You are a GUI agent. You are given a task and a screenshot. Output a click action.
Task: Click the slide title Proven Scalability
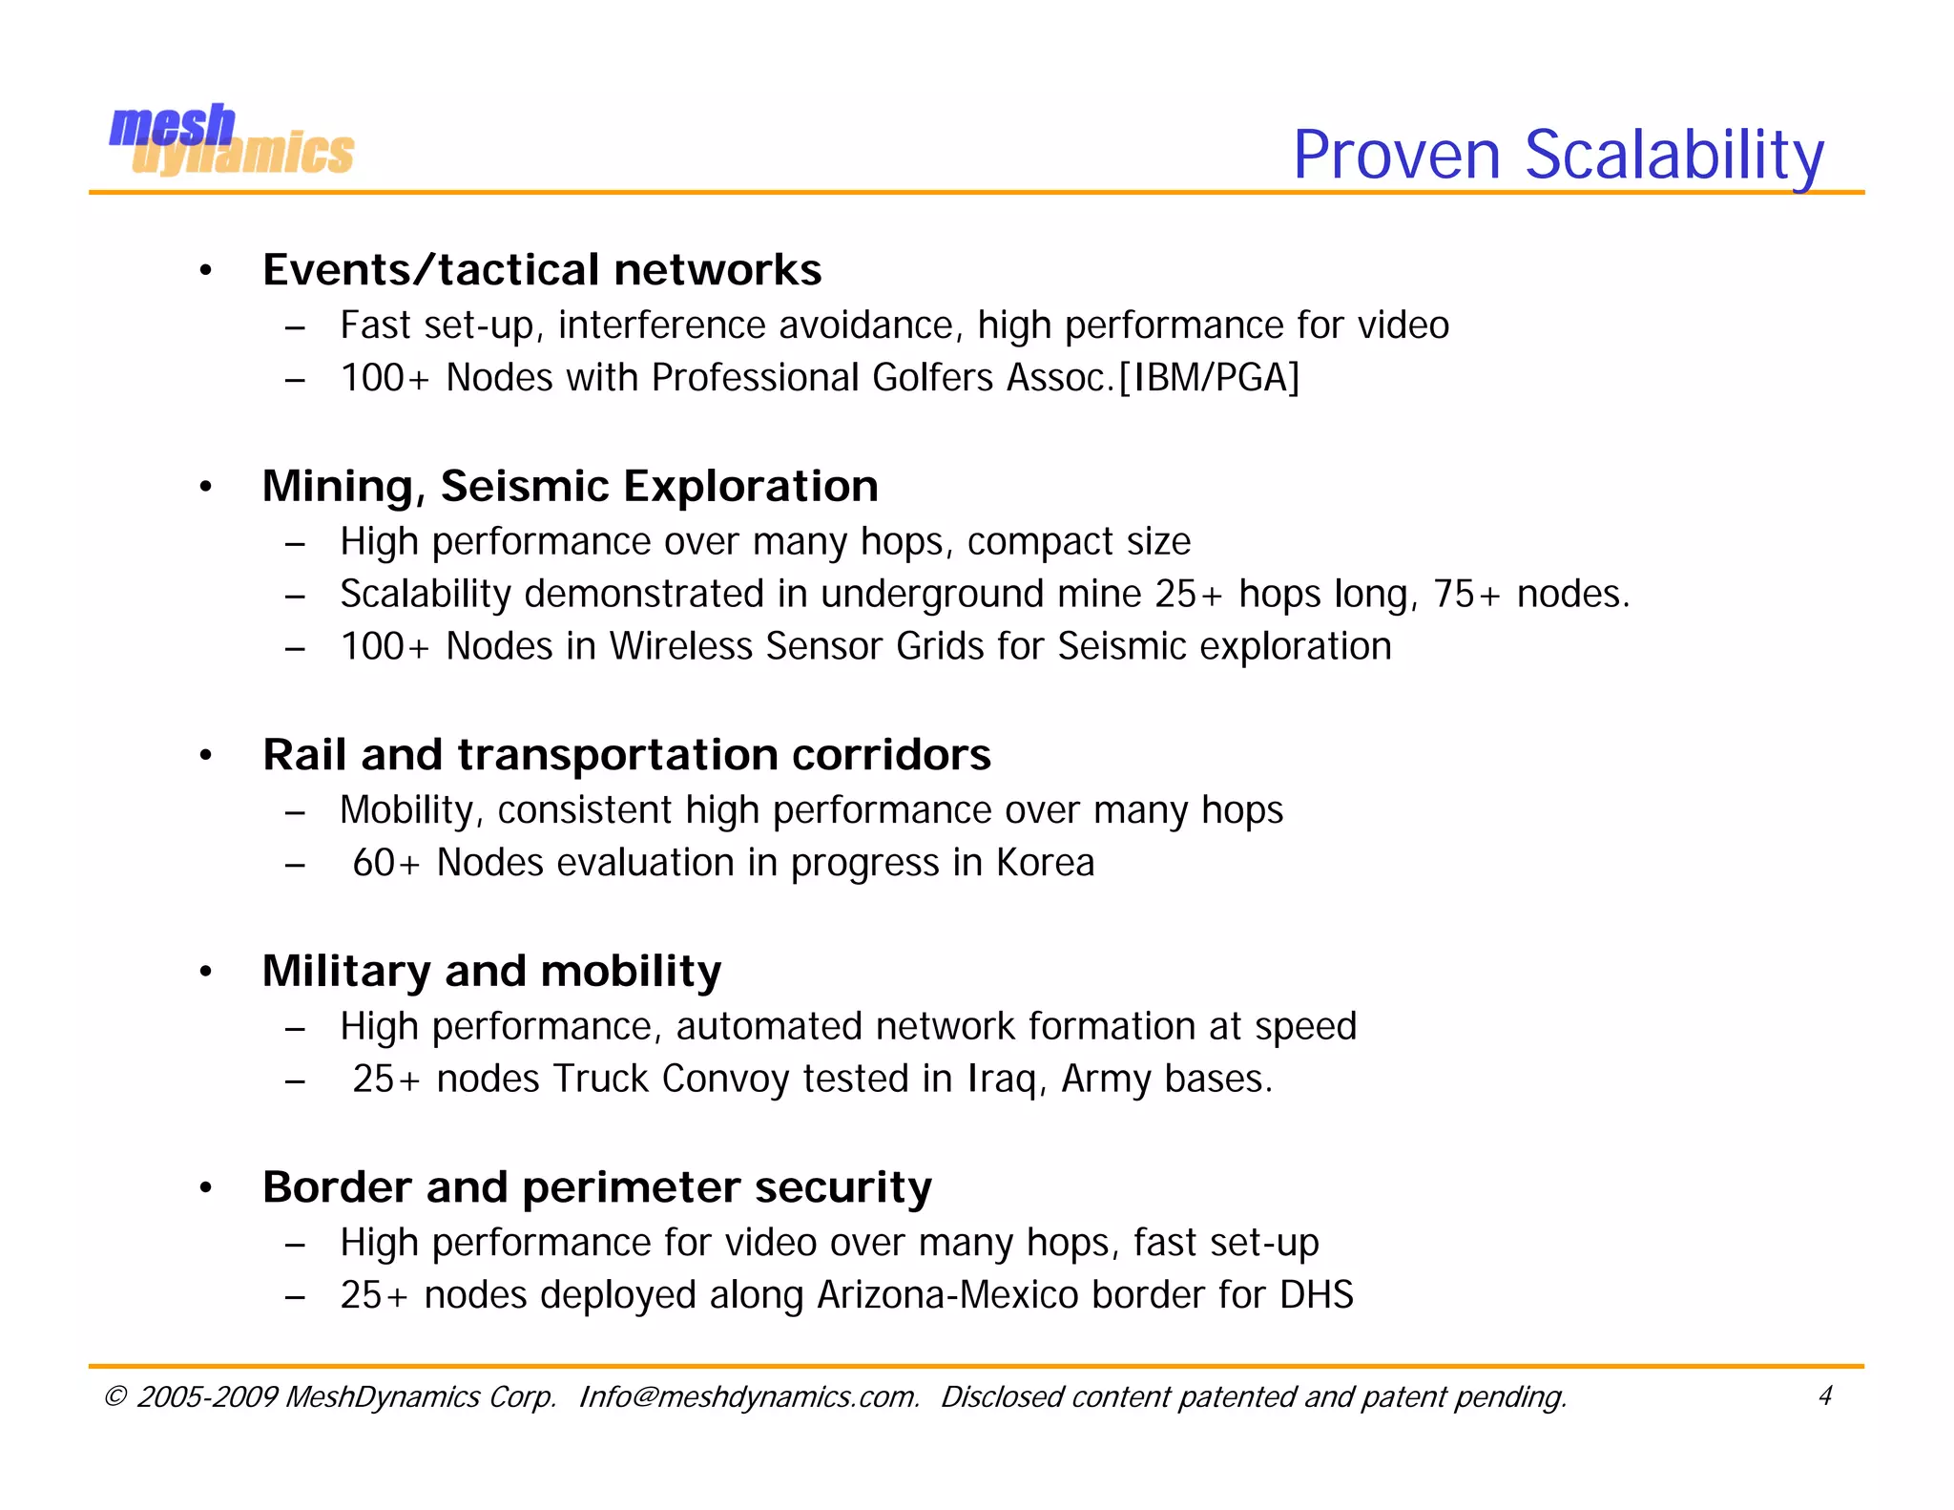click(x=1557, y=155)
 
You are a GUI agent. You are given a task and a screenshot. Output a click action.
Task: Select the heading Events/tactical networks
click(x=542, y=270)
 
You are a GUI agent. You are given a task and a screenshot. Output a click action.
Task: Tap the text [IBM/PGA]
click(x=1209, y=378)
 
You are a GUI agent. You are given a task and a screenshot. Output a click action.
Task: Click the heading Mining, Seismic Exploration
click(x=570, y=487)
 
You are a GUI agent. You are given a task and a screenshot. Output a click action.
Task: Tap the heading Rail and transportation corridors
click(x=626, y=755)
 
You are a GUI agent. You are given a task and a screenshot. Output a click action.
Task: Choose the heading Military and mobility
click(x=491, y=972)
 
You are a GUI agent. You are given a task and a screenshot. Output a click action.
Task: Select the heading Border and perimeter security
click(x=596, y=1188)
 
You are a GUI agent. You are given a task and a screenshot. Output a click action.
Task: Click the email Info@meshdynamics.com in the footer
click(x=749, y=1397)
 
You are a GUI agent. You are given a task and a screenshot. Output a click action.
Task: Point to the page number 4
click(x=1824, y=1396)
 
